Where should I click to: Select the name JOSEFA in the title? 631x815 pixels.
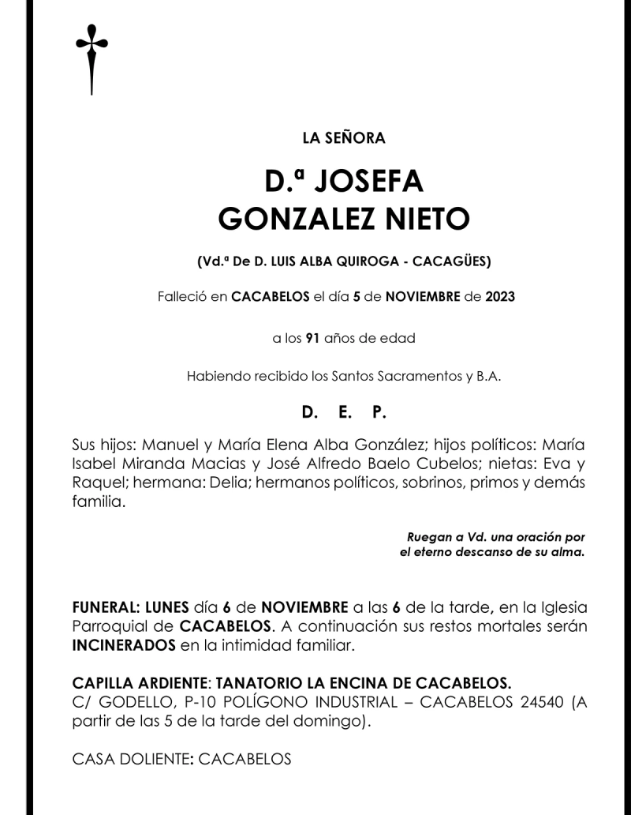368,182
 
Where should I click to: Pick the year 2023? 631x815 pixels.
500,298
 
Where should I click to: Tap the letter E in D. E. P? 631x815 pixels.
344,413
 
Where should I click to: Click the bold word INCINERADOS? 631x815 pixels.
124,645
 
